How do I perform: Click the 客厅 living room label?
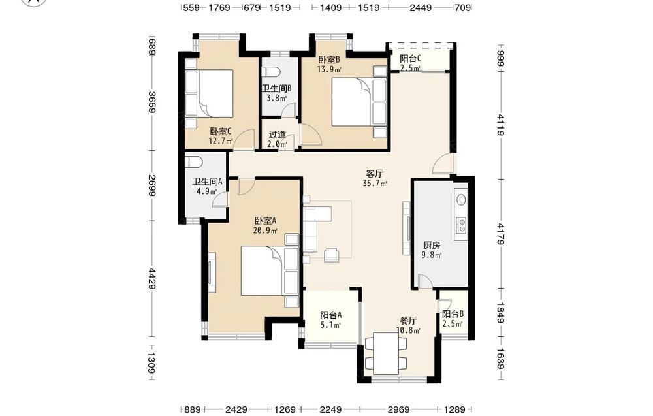pos(374,173)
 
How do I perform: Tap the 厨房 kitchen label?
pos(432,246)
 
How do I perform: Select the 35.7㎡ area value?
pos(375,183)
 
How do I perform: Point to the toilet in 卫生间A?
pos(193,161)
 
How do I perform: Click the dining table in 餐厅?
pos(386,353)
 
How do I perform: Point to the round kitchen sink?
pos(461,199)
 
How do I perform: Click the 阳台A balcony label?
pos(331,315)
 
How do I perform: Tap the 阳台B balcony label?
pos(453,314)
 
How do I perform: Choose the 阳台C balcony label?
pos(410,59)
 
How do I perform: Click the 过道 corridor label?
pos(278,135)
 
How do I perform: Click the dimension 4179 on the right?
pos(501,234)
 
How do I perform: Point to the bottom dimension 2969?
pos(398,409)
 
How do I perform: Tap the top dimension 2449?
pos(421,7)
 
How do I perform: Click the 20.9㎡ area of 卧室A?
pos(265,231)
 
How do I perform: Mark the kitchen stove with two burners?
pos(461,226)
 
